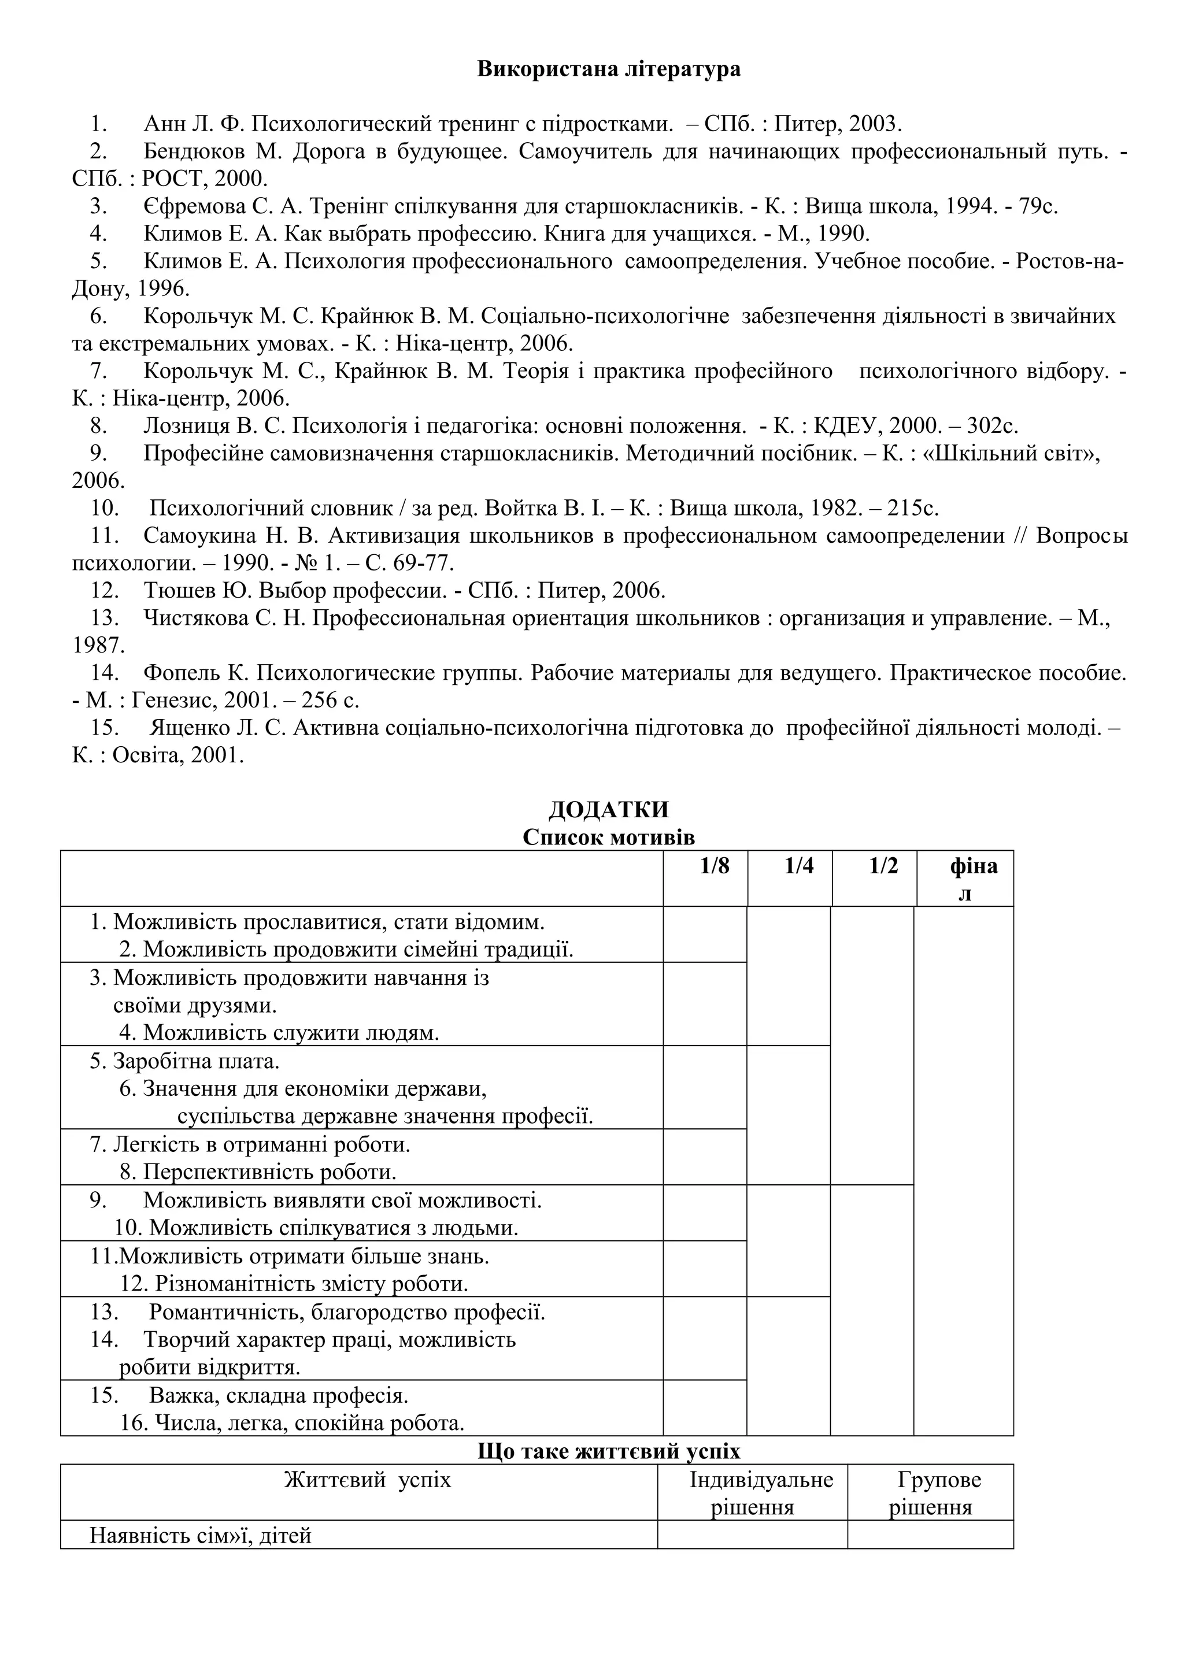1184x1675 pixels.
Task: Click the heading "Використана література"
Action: click(x=608, y=69)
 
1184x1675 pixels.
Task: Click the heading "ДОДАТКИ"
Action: click(x=608, y=810)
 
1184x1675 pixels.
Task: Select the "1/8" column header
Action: click(x=714, y=866)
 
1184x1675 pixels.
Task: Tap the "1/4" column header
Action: click(x=799, y=866)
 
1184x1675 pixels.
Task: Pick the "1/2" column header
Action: click(x=883, y=866)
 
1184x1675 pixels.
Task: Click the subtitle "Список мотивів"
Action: click(x=608, y=837)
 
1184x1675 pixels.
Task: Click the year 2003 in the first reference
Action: click(x=875, y=124)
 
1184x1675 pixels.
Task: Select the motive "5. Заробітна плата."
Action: click(x=186, y=1061)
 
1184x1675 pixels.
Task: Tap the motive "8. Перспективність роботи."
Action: click(x=258, y=1172)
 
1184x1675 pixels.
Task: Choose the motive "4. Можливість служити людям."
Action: click(x=279, y=1032)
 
